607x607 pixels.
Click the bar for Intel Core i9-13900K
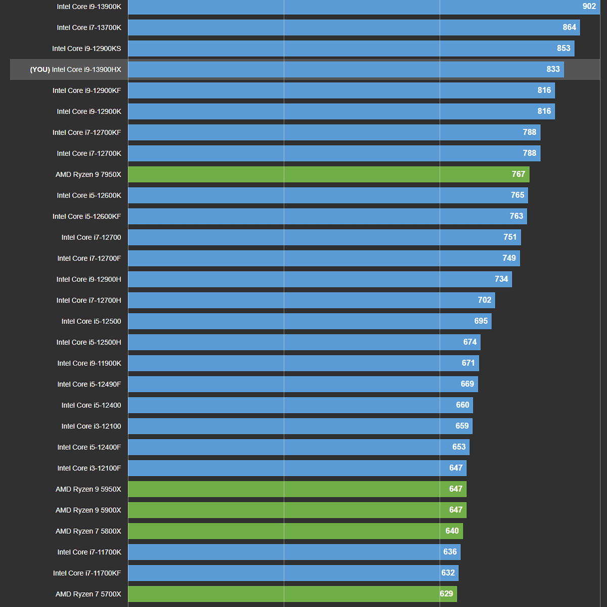pyautogui.click(x=354, y=7)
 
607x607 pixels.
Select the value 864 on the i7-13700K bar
pyautogui.click(x=569, y=27)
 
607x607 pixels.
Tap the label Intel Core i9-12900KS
pyautogui.click(x=86, y=49)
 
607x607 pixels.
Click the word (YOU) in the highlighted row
pyautogui.click(x=40, y=69)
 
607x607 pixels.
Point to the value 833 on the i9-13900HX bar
pyautogui.click(x=553, y=69)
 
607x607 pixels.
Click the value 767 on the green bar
pyautogui.click(x=518, y=175)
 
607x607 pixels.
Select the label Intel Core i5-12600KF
pyautogui.click(x=86, y=216)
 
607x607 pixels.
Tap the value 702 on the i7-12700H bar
pyautogui.click(x=484, y=300)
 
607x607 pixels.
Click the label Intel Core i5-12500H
pyautogui.click(x=89, y=342)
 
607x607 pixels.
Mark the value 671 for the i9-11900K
pyautogui.click(x=468, y=363)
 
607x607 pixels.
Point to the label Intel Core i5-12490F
pyautogui.click(x=89, y=384)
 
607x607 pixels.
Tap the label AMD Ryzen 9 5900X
pyautogui.click(x=88, y=510)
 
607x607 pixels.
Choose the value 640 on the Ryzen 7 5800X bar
pyautogui.click(x=452, y=531)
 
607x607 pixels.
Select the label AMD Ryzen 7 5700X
pyautogui.click(x=88, y=594)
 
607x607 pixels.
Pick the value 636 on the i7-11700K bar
pyautogui.click(x=450, y=552)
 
